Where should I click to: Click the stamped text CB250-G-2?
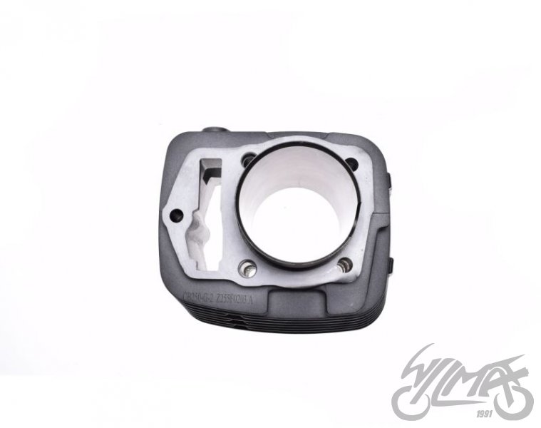(204, 294)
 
